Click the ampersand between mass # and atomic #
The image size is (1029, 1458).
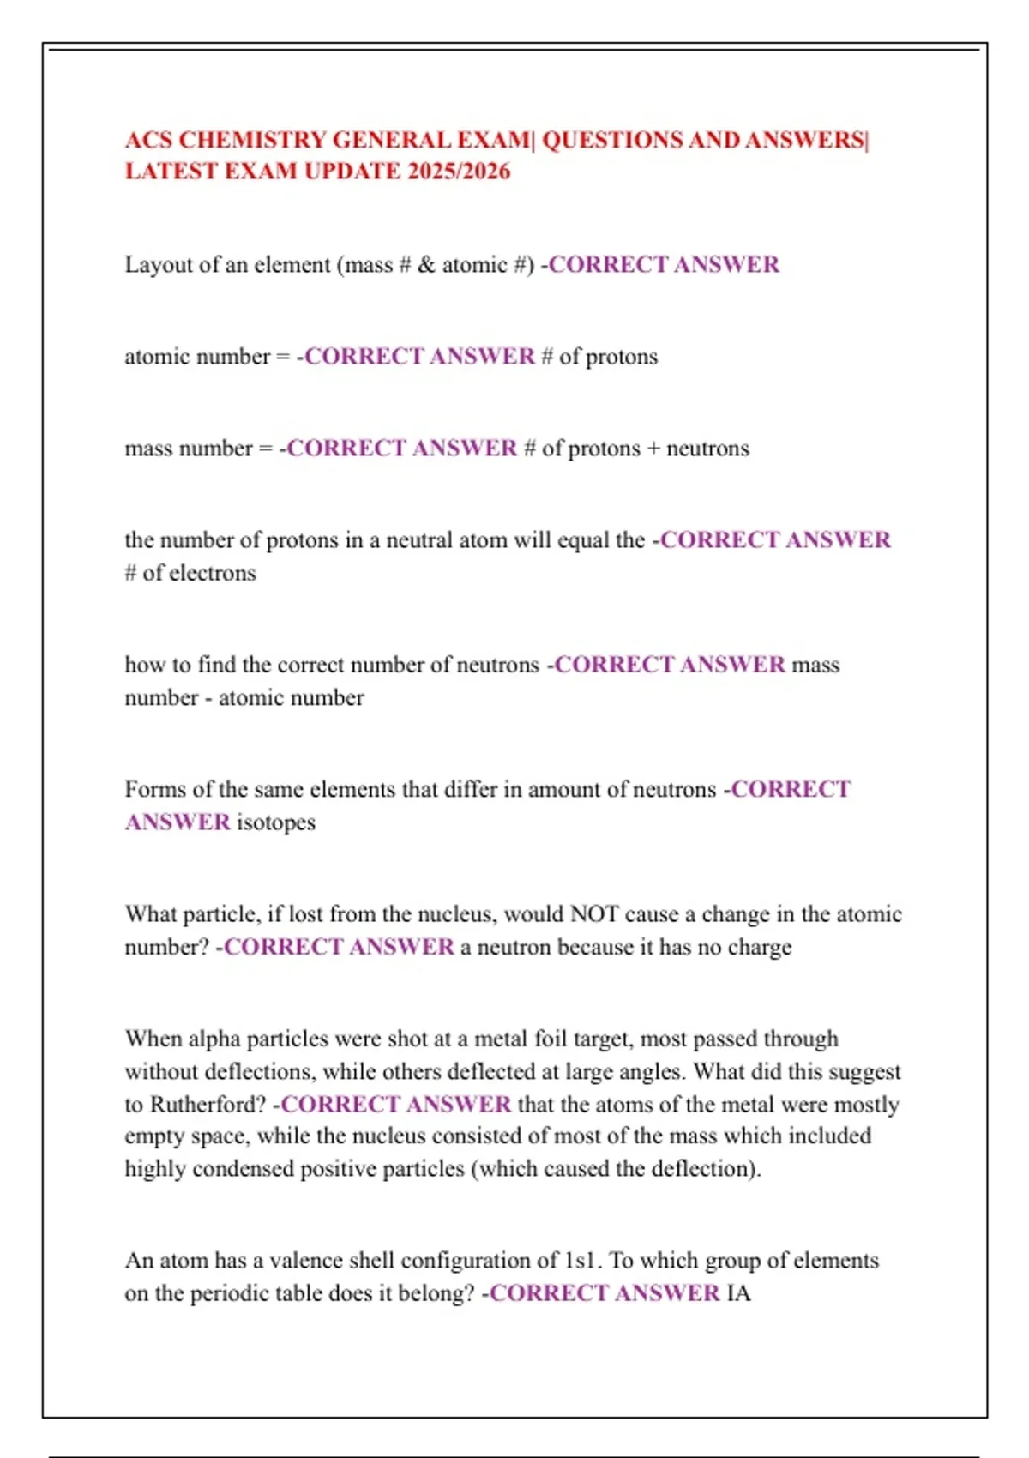tap(426, 265)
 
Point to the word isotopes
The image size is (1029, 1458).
tap(276, 822)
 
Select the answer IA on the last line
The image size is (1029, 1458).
tap(738, 1293)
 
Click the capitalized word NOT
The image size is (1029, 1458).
tap(594, 914)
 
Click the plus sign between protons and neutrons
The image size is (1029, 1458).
tap(653, 449)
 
